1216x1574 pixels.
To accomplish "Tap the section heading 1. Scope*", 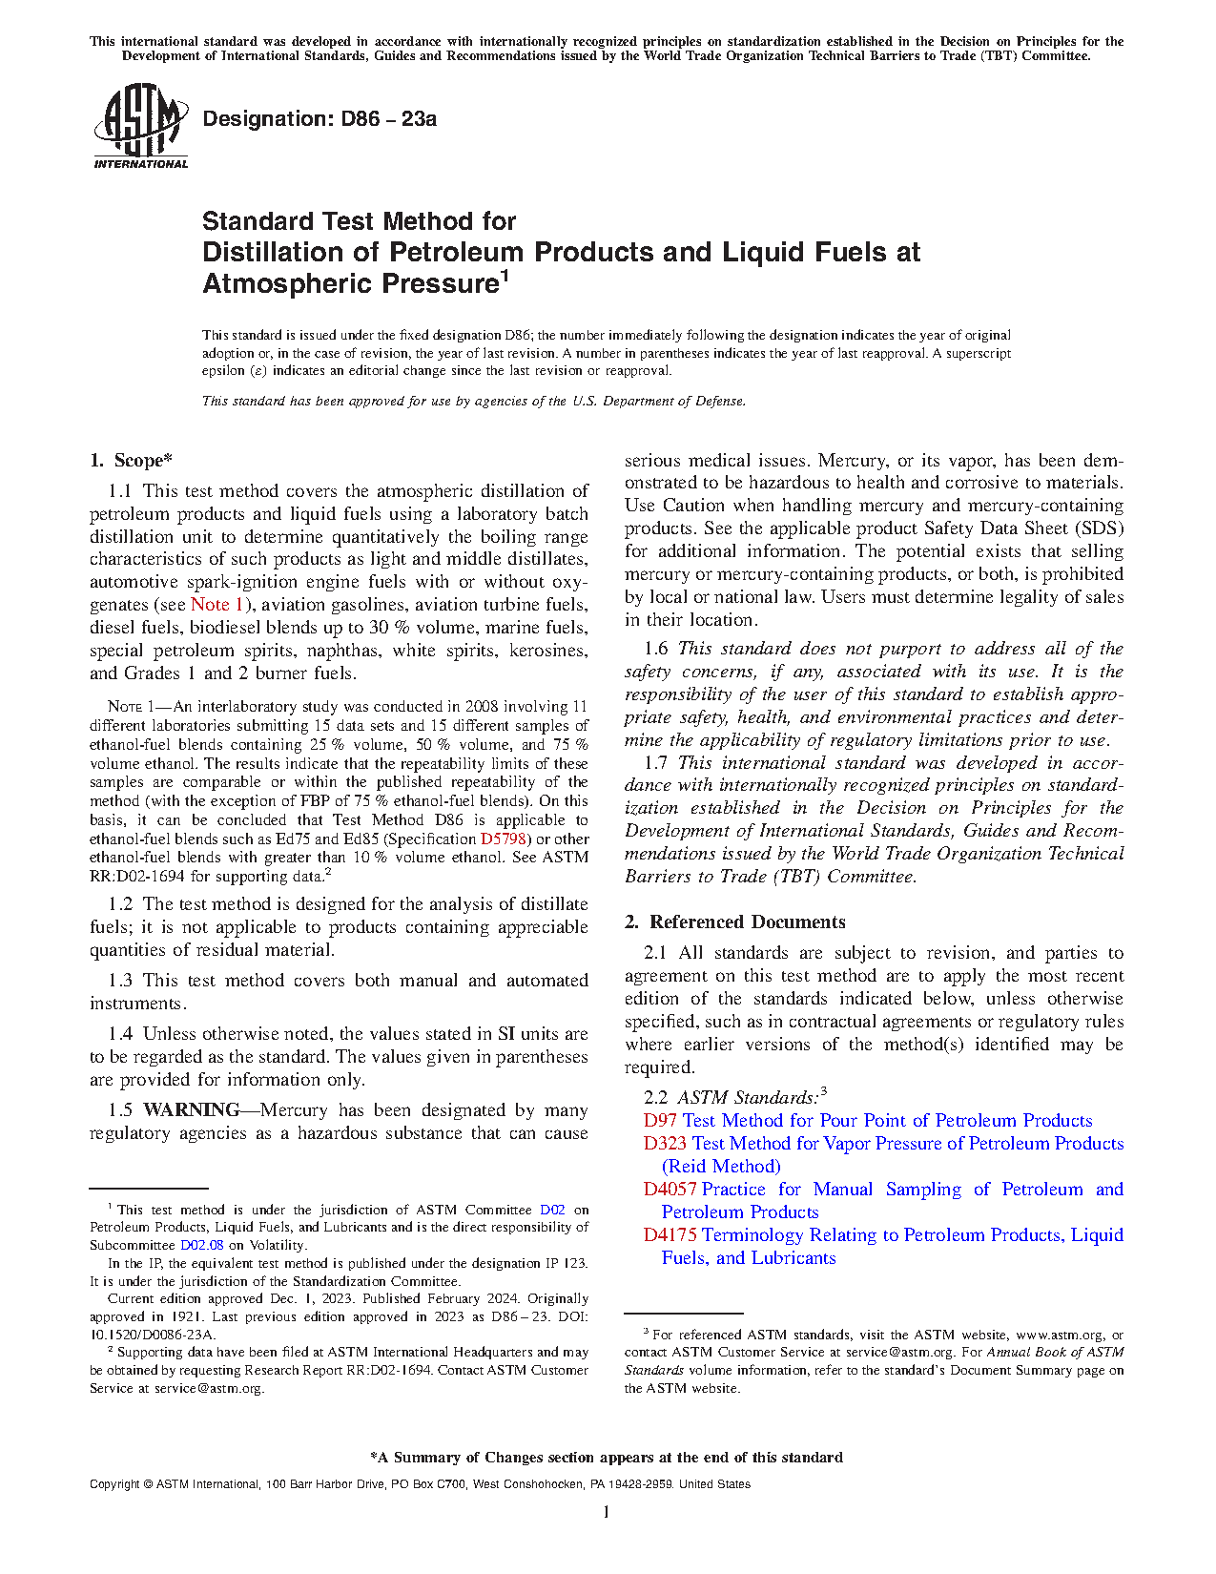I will (131, 461).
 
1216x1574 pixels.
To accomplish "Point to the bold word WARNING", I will (191, 1110).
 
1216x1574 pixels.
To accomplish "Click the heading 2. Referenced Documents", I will (734, 922).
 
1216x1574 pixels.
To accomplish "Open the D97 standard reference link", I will (660, 1121).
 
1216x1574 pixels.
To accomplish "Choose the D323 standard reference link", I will (664, 1144).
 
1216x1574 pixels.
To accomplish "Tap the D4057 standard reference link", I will (669, 1190).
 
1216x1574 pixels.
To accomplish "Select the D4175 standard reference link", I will (669, 1235).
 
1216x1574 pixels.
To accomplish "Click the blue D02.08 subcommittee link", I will (201, 1245).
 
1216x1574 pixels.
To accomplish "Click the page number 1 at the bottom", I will (607, 1512).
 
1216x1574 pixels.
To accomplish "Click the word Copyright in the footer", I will (115, 1484).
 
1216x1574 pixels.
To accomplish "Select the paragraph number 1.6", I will (656, 649).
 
